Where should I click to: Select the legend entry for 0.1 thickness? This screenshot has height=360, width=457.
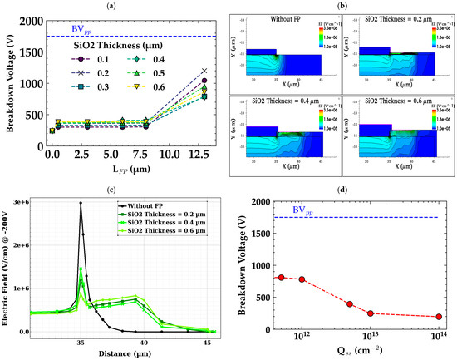point(81,60)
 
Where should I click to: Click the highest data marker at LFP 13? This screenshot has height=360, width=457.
point(204,71)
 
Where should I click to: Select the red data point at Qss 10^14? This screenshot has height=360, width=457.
point(438,317)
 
